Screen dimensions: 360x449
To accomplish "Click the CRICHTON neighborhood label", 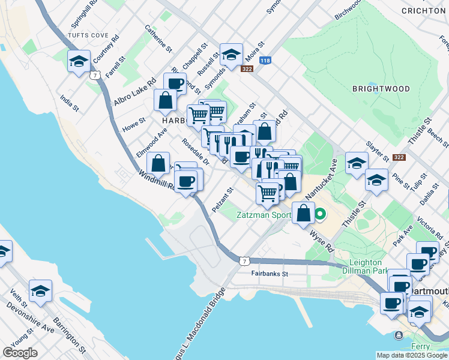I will (423, 11).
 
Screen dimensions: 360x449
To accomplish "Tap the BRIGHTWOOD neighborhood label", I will (381, 89).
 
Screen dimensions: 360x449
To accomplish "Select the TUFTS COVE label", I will (88, 35).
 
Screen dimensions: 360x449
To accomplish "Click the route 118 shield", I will (265, 61).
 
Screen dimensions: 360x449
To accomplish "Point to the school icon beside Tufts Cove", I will (79, 61).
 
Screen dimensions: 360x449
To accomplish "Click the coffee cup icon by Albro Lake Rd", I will (175, 83).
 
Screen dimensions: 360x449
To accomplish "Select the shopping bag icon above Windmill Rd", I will (158, 163).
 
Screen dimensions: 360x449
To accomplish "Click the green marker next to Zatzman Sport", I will (321, 213).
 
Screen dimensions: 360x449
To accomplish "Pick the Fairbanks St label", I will (270, 274).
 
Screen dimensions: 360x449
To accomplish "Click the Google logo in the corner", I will (20, 352).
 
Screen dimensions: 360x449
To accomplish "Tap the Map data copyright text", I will (412, 355).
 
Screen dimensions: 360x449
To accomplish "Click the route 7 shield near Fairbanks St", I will (243, 261).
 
